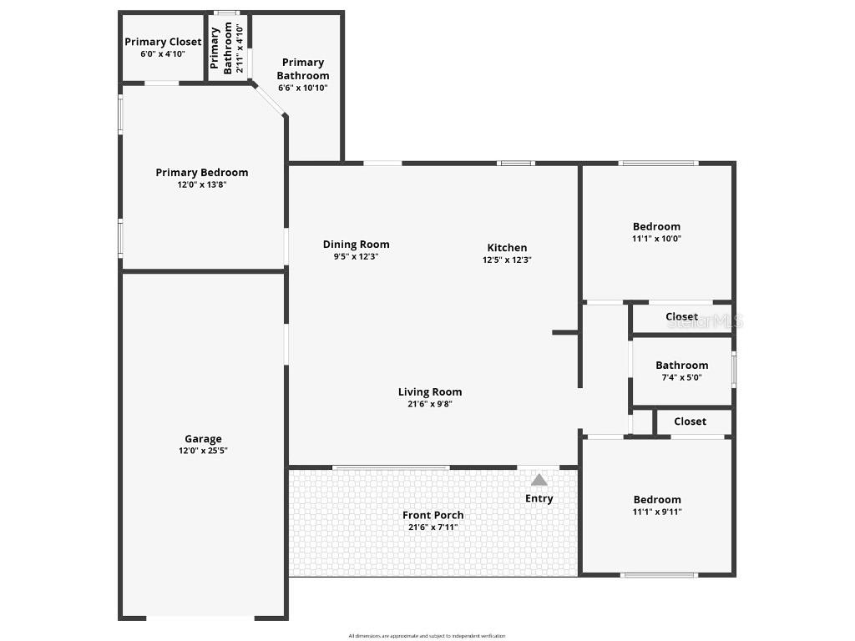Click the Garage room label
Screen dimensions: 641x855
click(203, 439)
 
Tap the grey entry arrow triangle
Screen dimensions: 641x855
click(539, 480)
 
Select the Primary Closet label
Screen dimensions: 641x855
click(163, 42)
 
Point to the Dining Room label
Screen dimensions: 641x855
click(356, 245)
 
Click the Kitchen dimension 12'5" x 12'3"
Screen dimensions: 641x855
click(507, 260)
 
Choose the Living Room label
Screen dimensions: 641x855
click(429, 391)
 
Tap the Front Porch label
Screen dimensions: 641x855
click(433, 515)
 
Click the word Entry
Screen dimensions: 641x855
click(539, 498)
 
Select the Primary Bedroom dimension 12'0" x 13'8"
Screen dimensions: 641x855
click(201, 184)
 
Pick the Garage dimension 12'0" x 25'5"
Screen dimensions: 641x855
click(203, 451)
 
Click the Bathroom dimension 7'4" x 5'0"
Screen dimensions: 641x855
click(681, 377)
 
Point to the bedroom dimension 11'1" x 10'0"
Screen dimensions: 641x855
click(656, 239)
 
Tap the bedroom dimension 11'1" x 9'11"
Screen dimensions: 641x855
click(656, 512)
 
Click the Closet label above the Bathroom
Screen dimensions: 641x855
click(681, 316)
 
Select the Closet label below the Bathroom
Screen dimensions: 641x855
click(690, 421)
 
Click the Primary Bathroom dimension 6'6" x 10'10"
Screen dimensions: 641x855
click(303, 88)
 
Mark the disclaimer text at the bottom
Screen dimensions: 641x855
click(427, 636)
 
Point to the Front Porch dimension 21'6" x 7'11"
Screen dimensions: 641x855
click(433, 527)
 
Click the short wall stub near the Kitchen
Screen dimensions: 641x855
click(565, 333)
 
